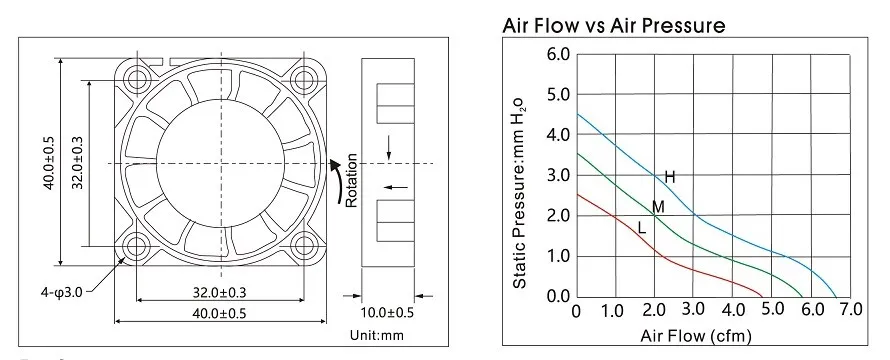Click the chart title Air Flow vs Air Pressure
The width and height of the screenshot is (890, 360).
click(x=614, y=26)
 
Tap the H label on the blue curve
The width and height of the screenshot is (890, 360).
click(x=670, y=177)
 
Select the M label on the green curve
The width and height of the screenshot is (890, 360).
click(x=658, y=207)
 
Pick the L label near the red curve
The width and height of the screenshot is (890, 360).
click(x=642, y=228)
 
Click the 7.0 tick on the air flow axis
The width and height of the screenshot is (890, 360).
click(x=850, y=309)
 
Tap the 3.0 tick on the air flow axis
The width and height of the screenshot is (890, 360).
click(x=693, y=309)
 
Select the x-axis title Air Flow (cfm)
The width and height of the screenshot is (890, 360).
click(x=696, y=335)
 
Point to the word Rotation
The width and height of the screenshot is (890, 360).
click(x=351, y=180)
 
